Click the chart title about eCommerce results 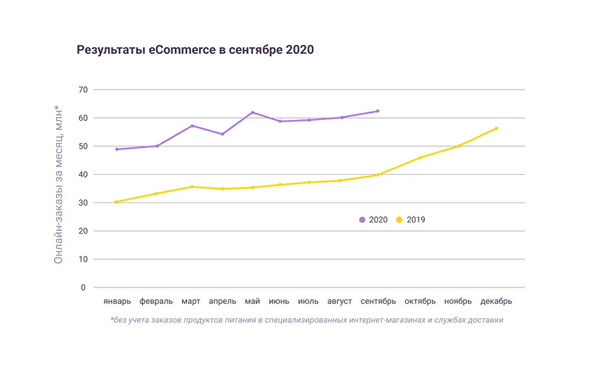(195, 50)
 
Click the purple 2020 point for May (253, 112)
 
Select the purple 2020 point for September (378, 111)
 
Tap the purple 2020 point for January (117, 149)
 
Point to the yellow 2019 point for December (496, 129)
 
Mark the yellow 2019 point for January (117, 202)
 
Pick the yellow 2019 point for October (420, 158)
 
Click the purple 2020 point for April (222, 134)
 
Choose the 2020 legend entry (373, 219)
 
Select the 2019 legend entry (411, 219)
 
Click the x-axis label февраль (157, 301)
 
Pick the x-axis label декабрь (496, 301)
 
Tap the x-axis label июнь (280, 301)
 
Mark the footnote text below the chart (307, 320)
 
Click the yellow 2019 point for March (192, 187)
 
